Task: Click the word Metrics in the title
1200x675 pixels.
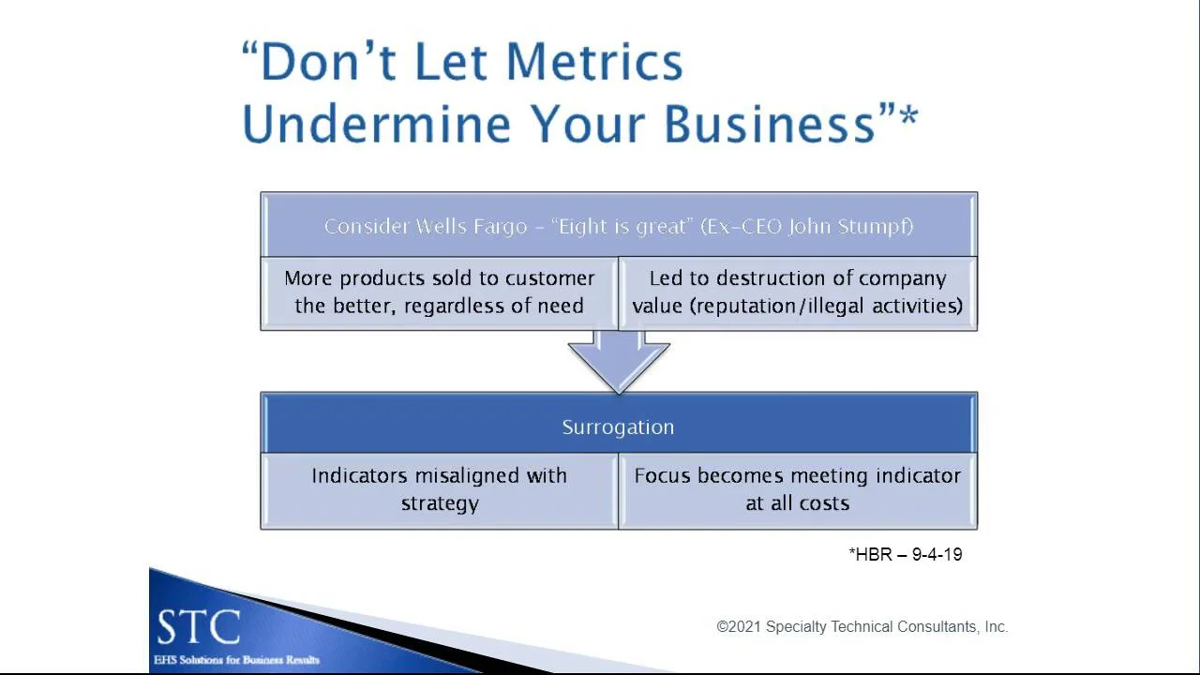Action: [x=594, y=62]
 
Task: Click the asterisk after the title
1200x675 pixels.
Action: [x=907, y=118]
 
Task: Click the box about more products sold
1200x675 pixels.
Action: [x=440, y=292]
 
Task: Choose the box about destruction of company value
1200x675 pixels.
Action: [x=797, y=292]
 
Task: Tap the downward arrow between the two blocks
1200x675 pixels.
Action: [x=619, y=361]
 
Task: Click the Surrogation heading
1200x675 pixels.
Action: [x=618, y=427]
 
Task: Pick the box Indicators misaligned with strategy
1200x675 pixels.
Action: [x=440, y=489]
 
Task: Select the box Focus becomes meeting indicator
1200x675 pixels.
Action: [x=797, y=489]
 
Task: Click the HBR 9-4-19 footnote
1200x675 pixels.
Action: [x=906, y=554]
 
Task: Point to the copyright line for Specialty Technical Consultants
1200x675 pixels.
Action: [x=862, y=626]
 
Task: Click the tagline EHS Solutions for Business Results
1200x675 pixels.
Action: [x=236, y=660]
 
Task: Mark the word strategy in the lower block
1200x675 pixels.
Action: [x=440, y=503]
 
